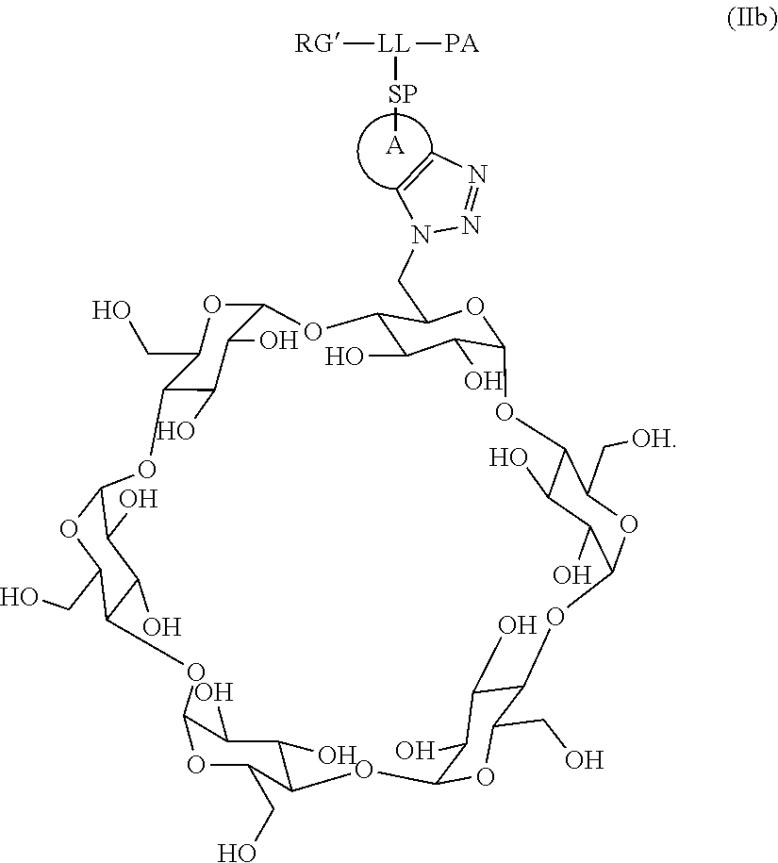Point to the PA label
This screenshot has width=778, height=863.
(x=459, y=44)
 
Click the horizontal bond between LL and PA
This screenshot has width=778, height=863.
(x=427, y=44)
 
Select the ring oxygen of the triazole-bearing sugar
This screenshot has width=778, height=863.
(x=474, y=306)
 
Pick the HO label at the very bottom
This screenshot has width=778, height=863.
(x=238, y=853)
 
